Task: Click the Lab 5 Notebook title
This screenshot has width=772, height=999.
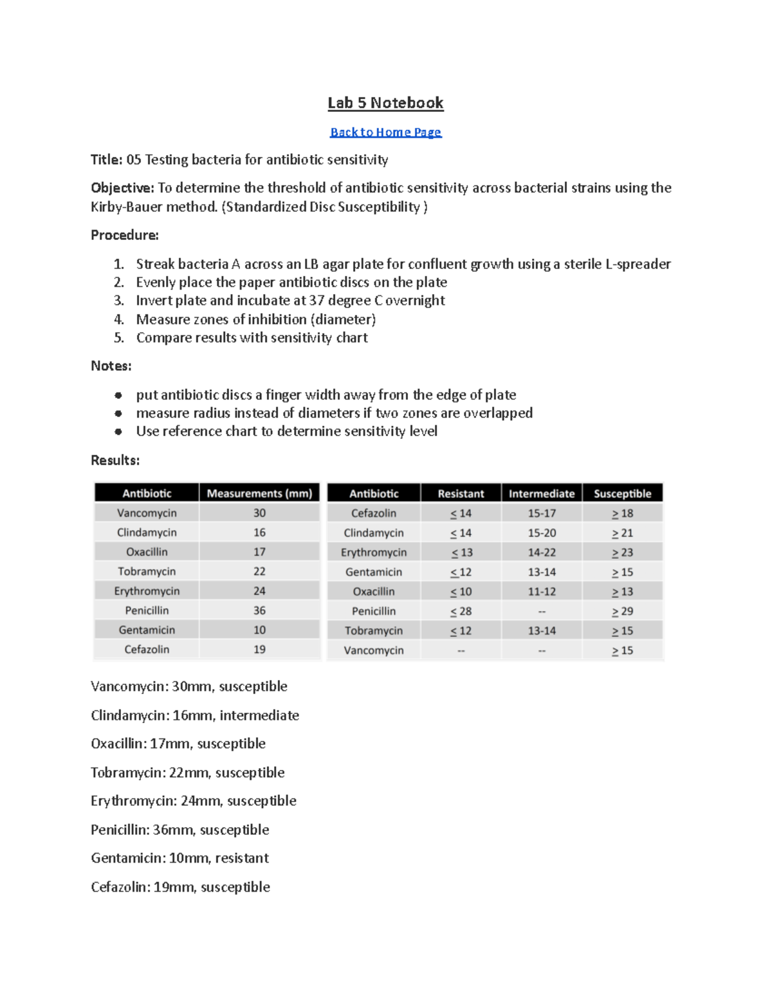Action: (385, 103)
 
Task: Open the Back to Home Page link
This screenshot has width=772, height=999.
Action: (385, 132)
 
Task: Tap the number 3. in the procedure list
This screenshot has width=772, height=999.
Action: (118, 300)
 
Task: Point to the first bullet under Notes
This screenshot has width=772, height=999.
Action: (118, 395)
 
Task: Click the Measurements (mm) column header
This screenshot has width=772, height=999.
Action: (259, 493)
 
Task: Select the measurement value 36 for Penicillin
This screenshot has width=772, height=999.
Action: (259, 610)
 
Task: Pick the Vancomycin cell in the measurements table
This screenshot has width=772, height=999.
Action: (147, 513)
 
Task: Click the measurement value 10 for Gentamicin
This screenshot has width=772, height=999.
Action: (259, 630)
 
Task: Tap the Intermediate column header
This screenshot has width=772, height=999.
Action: (541, 493)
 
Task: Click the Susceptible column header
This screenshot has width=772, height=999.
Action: (622, 493)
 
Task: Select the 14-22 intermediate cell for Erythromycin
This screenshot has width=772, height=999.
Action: (541, 553)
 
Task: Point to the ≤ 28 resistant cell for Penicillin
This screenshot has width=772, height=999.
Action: (461, 611)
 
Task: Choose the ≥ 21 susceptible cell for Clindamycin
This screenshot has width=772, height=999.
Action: (622, 533)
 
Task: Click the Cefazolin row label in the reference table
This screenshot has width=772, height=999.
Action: (373, 513)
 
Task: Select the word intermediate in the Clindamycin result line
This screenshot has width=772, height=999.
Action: (259, 715)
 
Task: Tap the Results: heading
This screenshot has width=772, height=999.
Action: (115, 460)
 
